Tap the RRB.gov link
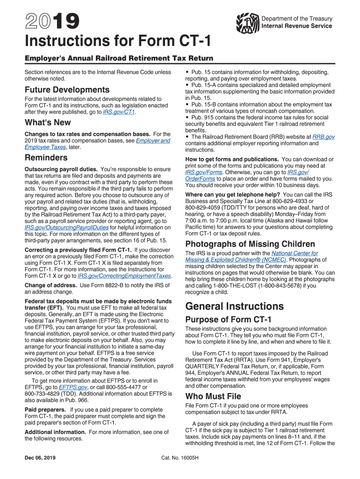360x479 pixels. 323,137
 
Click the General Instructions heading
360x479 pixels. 234,306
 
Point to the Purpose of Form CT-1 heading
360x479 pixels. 228,319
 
